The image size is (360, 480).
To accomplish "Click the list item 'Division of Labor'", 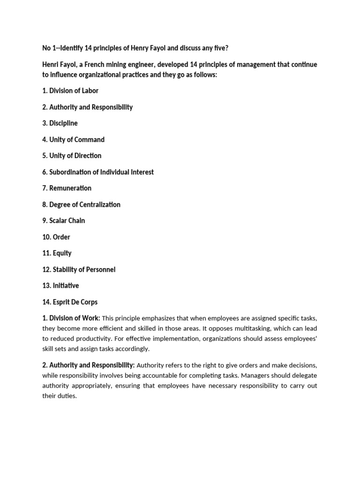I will [x=70, y=91].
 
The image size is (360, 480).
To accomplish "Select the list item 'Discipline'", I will [x=60, y=123].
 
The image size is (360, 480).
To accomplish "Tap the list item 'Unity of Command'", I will [x=73, y=140].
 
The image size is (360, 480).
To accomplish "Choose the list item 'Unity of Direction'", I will [x=72, y=156].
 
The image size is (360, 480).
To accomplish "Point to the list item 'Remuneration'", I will [x=67, y=188].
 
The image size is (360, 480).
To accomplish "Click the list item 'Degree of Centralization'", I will [x=81, y=204].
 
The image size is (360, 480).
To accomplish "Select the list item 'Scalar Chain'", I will [x=64, y=220].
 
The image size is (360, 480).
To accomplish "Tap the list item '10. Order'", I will [x=56, y=237].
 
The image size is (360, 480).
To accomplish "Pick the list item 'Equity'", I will [x=57, y=253].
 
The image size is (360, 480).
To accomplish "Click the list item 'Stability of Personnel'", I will [x=79, y=270].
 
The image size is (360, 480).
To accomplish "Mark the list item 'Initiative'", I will [x=60, y=285].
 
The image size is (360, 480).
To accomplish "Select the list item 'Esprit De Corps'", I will [x=70, y=302].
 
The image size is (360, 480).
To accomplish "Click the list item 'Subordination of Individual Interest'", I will [x=98, y=172].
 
